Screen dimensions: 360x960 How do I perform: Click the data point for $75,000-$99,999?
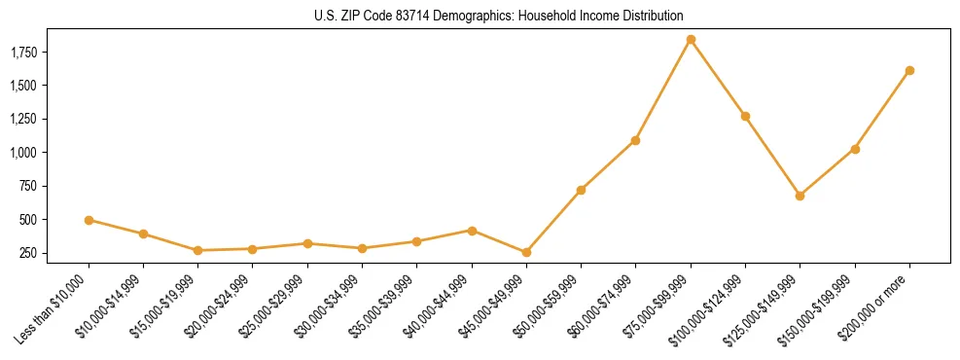click(x=691, y=40)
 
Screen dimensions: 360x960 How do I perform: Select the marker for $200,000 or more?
click(x=909, y=70)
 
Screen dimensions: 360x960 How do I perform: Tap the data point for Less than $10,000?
click(x=89, y=220)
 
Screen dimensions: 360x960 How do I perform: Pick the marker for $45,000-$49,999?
click(x=526, y=252)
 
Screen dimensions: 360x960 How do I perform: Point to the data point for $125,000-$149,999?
click(x=800, y=196)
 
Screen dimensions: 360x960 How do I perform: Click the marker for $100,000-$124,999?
click(x=745, y=116)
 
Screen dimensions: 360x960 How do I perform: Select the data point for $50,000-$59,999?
click(x=581, y=190)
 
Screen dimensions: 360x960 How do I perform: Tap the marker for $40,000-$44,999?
click(x=472, y=231)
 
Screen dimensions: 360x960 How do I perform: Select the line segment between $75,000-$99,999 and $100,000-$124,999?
click(x=718, y=78)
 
